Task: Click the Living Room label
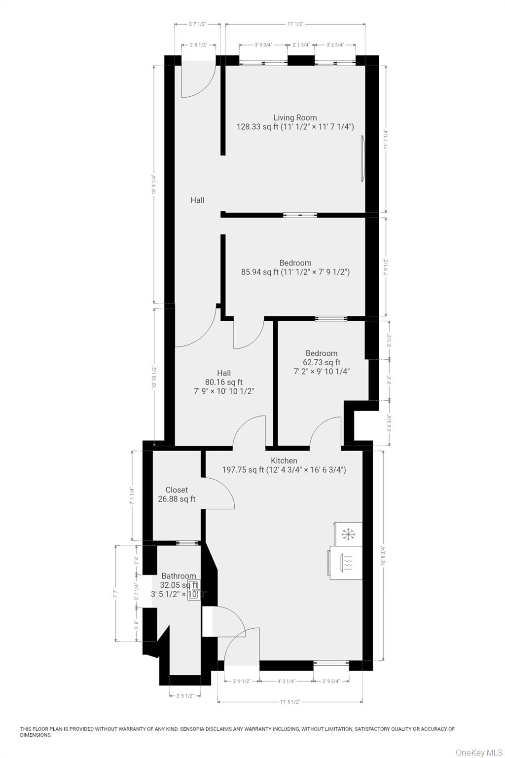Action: (x=295, y=117)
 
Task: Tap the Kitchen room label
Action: (x=284, y=460)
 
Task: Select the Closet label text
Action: (x=177, y=490)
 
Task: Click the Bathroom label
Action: (x=179, y=576)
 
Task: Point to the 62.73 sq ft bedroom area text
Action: (x=322, y=362)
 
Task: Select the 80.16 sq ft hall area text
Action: (x=224, y=382)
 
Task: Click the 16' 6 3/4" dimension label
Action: (x=383, y=555)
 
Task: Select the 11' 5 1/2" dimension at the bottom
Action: (x=290, y=701)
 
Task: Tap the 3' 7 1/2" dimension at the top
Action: (x=197, y=24)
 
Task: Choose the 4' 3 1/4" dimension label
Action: (x=287, y=682)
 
